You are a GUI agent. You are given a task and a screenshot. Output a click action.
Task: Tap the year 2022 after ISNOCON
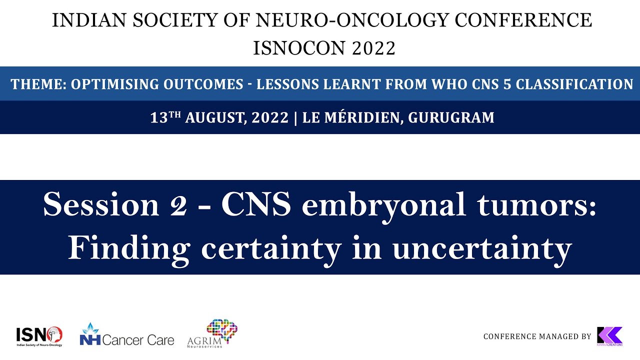tap(374, 48)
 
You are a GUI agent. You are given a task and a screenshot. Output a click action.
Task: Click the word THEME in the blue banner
tap(38, 84)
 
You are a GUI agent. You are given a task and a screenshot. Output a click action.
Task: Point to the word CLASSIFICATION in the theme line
tap(574, 84)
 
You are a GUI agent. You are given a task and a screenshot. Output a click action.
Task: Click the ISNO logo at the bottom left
tap(39, 335)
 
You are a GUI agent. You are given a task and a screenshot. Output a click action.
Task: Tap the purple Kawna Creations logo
tap(609, 335)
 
